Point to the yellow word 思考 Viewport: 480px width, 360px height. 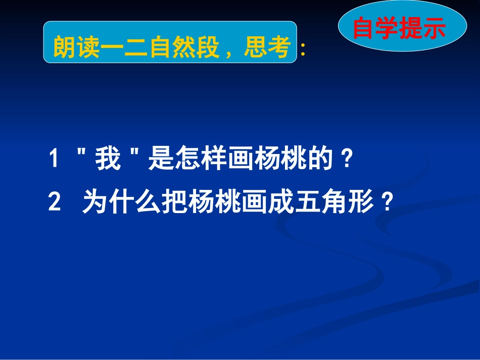click(267, 49)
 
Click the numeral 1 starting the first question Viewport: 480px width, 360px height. click(55, 161)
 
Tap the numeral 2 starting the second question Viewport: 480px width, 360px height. click(55, 204)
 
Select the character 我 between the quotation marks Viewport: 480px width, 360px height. click(108, 161)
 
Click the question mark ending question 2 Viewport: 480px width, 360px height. click(387, 204)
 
